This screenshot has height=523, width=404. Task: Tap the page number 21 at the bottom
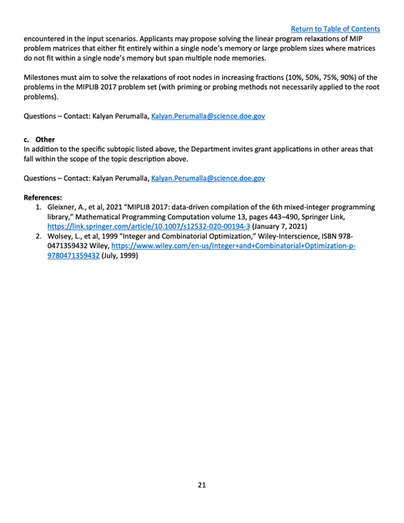(x=202, y=485)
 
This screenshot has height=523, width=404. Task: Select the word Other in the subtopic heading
(x=45, y=139)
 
